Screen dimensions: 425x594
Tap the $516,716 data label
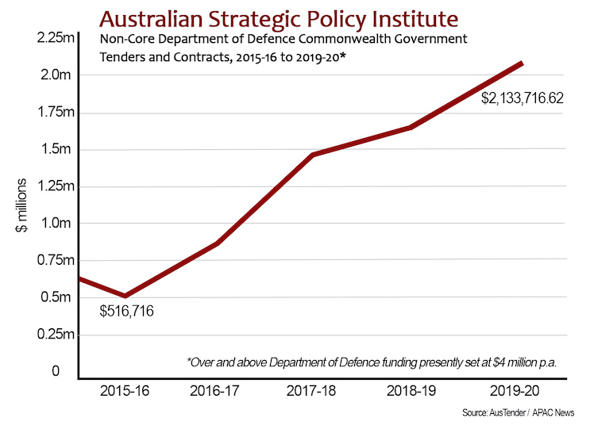click(x=126, y=311)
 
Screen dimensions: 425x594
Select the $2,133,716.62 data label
click(x=522, y=99)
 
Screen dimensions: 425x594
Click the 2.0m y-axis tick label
click(x=56, y=75)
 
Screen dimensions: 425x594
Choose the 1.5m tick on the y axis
click(x=56, y=150)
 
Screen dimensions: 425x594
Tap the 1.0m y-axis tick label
click(x=56, y=224)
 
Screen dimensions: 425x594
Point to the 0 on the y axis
click(x=56, y=371)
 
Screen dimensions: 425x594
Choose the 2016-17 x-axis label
click(x=217, y=391)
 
